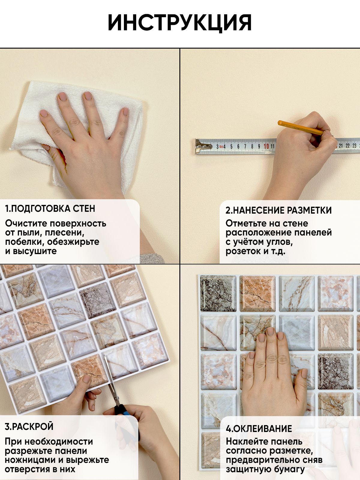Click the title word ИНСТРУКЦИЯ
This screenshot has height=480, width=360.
coord(180,23)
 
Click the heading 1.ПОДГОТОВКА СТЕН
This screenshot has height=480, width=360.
coord(50,208)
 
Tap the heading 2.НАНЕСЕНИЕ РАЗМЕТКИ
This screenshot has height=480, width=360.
coord(278,210)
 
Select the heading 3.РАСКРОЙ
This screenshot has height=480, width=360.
coord(29,426)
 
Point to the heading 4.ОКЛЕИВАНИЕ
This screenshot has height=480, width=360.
coord(259,429)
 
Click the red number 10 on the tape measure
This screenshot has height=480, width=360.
coord(266,146)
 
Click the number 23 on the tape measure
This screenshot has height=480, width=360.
coord(354,145)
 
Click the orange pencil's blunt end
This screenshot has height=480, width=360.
coord(280,123)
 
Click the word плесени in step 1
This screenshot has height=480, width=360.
coord(64,232)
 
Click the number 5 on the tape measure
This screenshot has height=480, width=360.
coord(232,146)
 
